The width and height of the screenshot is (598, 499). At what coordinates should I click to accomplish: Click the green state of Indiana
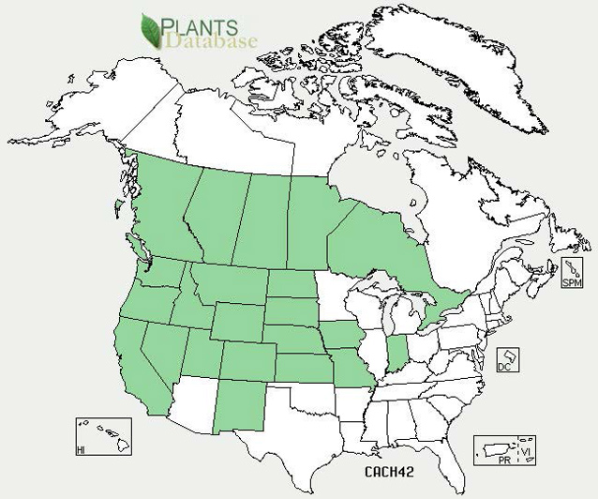point(397,354)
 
